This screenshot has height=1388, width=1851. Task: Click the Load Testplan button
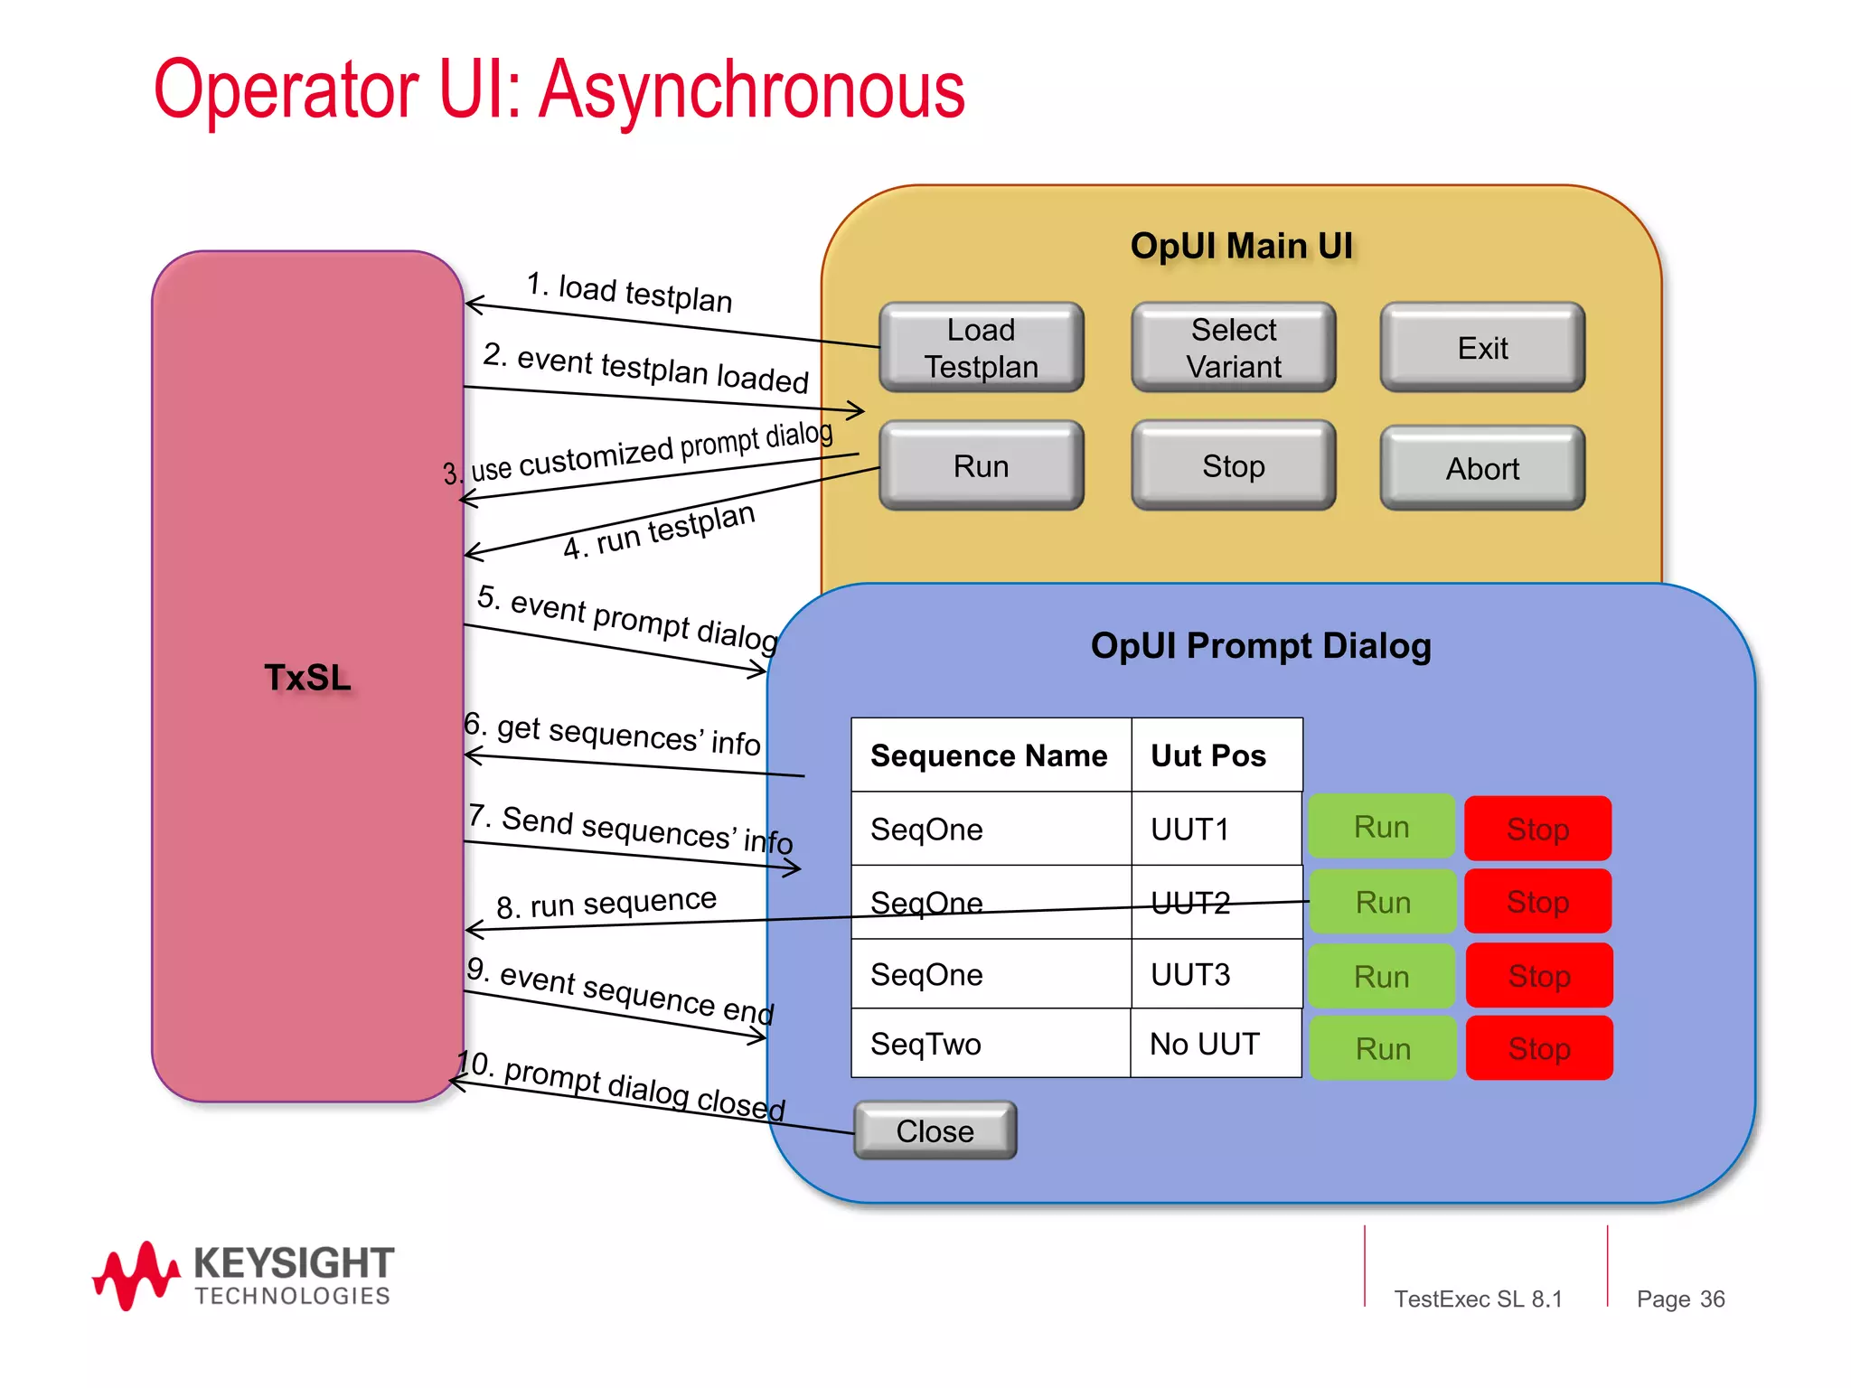click(x=981, y=348)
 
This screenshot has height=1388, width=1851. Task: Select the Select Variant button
click(x=1233, y=348)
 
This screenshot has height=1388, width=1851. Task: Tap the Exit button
click(x=1482, y=348)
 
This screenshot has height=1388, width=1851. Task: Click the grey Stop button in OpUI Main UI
click(x=1233, y=466)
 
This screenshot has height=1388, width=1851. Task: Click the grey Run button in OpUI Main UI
click(x=981, y=466)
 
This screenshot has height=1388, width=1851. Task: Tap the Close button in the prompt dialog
click(x=935, y=1130)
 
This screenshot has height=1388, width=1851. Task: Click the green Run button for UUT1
click(x=1381, y=827)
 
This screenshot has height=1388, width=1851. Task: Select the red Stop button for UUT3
click(x=1538, y=976)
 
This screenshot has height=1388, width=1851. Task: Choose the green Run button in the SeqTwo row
click(x=1382, y=1049)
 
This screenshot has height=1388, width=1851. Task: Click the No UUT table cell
click(x=1204, y=1045)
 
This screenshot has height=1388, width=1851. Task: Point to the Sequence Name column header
click(x=989, y=755)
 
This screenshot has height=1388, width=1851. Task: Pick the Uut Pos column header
click(x=1208, y=755)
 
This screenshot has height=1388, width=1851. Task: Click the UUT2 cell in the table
click(x=1190, y=903)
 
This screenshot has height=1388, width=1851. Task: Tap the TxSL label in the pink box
click(x=307, y=678)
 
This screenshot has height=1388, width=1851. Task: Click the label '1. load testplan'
click(x=629, y=293)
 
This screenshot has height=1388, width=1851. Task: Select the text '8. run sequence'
click(x=606, y=903)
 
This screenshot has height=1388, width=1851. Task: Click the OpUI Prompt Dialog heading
click(x=1261, y=646)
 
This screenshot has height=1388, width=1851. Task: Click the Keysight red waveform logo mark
click(x=136, y=1274)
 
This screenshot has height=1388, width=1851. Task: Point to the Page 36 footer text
click(x=1680, y=1299)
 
